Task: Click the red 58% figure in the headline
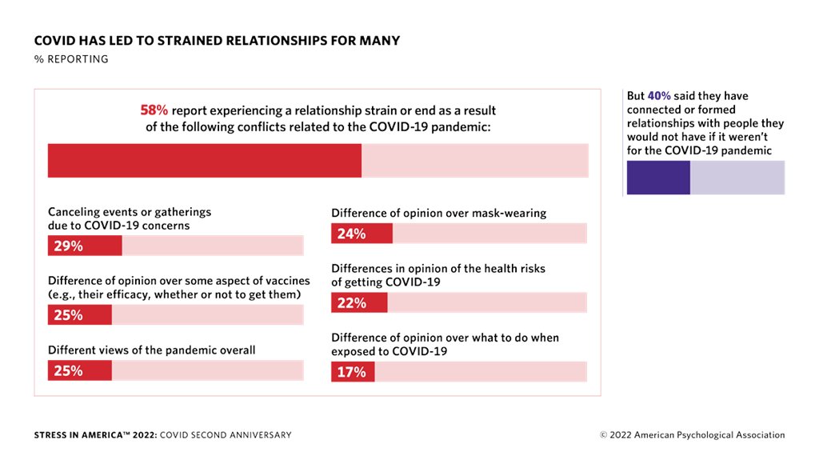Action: (x=154, y=110)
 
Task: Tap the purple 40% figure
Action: (x=659, y=96)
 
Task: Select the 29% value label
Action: (x=69, y=246)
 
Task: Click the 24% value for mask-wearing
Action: (x=352, y=234)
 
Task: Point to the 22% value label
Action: (x=352, y=302)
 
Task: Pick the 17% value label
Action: (x=352, y=372)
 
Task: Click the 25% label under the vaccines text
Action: (x=69, y=314)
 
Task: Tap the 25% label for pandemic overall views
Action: (x=69, y=370)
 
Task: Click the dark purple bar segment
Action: (x=658, y=178)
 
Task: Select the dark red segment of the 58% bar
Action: (x=205, y=161)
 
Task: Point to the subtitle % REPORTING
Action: (x=71, y=59)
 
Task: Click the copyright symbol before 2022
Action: (x=603, y=435)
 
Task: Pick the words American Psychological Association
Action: (x=709, y=435)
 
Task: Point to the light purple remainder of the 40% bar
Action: (x=737, y=178)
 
